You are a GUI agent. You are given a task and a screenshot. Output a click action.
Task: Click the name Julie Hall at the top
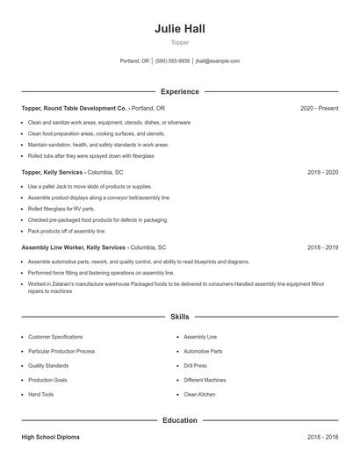179,28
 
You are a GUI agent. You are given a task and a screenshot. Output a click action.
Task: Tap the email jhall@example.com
218,61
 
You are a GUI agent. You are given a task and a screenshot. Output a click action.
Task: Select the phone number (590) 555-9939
172,61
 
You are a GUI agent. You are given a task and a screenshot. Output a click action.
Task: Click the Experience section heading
179,91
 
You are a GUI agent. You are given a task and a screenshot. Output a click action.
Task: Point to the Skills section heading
179,316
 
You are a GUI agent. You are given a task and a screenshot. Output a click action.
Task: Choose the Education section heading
179,420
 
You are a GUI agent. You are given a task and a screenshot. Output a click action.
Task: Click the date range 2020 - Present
319,108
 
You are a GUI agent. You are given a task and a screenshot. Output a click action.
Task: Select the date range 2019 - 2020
322,173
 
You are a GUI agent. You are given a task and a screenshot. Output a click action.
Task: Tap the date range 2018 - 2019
322,247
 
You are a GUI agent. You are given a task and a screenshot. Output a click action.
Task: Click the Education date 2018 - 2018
322,436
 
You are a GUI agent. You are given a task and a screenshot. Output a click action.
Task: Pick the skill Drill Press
195,366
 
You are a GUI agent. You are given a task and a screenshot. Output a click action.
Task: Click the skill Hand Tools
40,395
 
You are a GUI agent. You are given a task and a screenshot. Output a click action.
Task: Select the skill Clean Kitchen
199,395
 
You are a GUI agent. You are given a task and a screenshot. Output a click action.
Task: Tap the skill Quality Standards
47,366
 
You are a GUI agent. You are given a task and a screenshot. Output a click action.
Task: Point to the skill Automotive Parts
203,351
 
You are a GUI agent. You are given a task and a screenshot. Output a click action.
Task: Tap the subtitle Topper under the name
179,42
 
